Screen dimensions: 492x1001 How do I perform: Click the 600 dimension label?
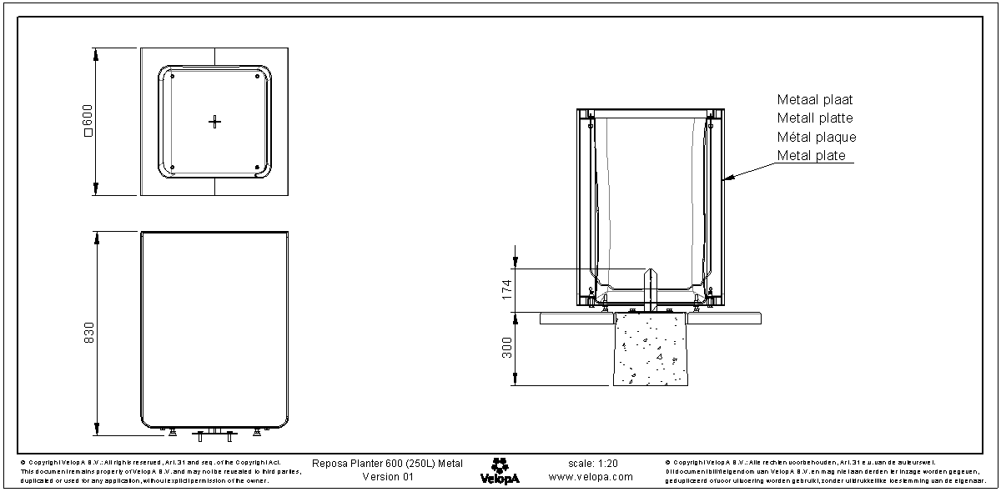(86, 123)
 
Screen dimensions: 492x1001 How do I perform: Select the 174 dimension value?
(506, 289)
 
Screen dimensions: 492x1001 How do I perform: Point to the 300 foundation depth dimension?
(506, 348)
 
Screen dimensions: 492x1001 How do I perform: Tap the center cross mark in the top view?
(215, 122)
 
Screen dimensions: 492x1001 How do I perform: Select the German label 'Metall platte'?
(815, 118)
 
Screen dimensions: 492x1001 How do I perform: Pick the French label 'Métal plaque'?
(817, 137)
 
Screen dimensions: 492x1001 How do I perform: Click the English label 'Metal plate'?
(811, 156)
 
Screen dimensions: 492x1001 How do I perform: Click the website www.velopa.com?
(591, 477)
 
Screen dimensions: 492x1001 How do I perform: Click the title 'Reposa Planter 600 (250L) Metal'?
(387, 463)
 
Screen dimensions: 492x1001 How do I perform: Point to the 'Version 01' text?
(387, 477)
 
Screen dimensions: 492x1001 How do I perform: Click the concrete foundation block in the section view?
(651, 350)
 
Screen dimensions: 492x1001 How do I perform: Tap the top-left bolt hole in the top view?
(172, 77)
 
